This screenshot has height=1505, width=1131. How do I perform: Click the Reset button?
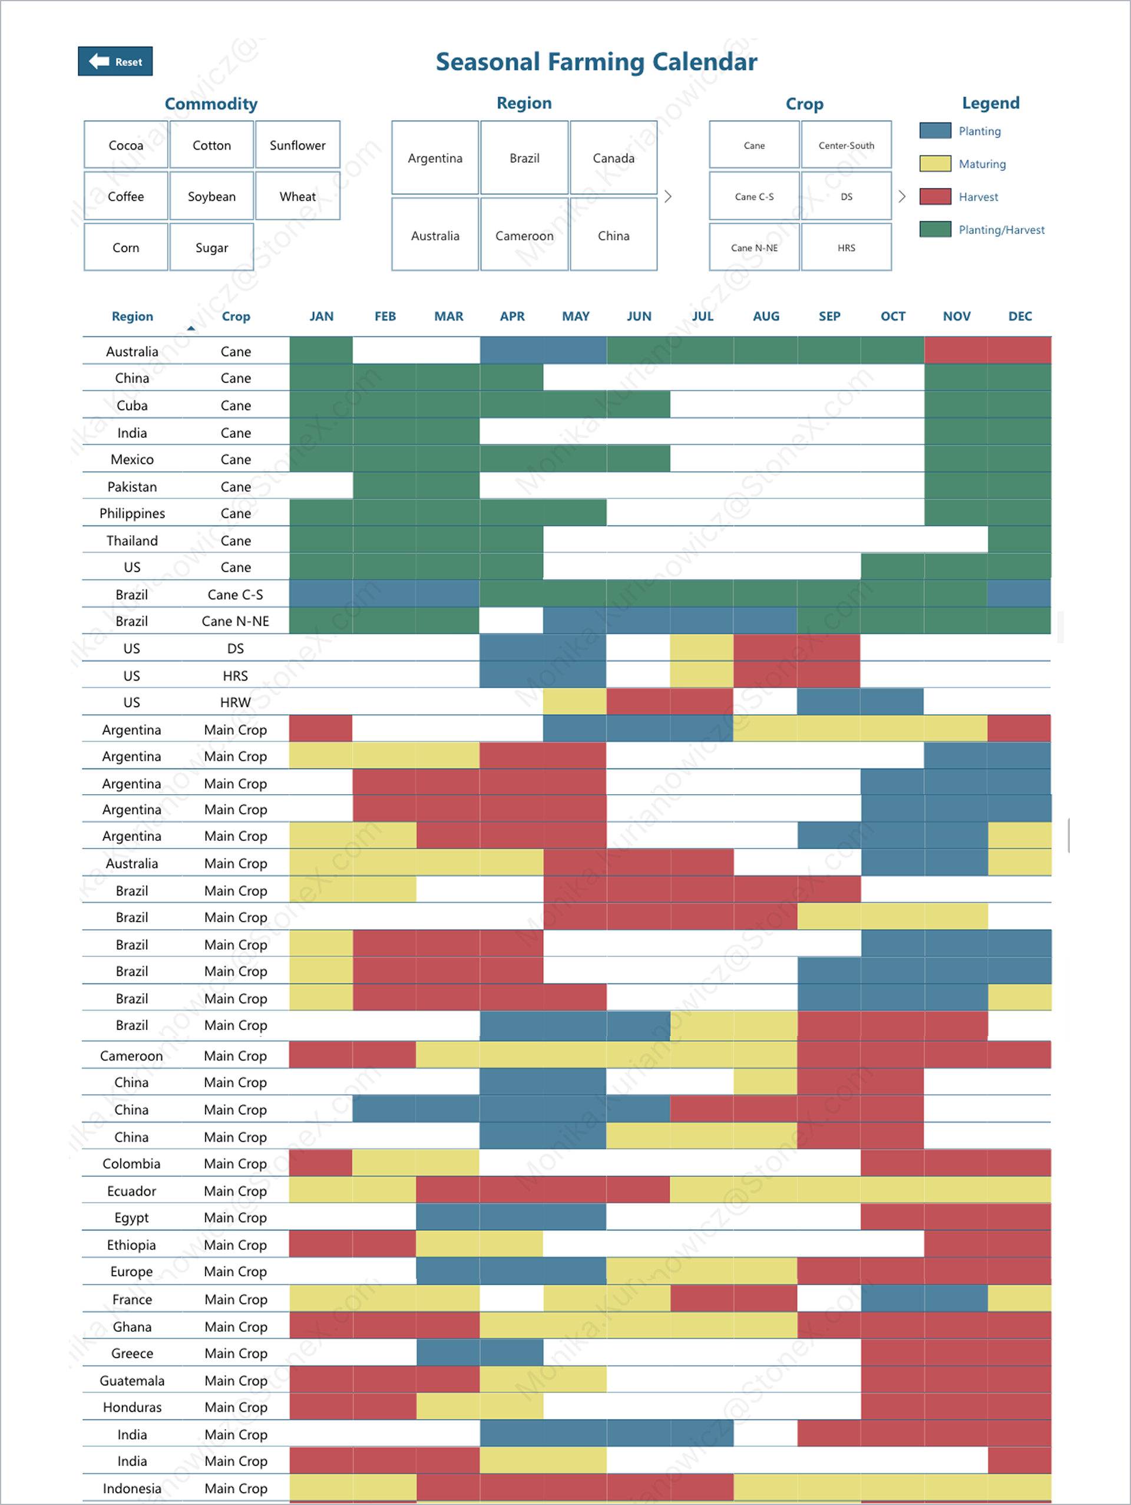click(x=115, y=61)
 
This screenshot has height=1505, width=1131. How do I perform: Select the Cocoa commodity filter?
click(x=126, y=145)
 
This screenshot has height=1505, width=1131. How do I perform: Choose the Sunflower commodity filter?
click(x=297, y=145)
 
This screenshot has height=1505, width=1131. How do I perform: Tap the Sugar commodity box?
click(x=211, y=247)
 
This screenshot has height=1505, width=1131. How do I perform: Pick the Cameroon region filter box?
click(x=524, y=235)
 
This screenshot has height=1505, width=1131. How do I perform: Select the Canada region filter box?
click(x=613, y=158)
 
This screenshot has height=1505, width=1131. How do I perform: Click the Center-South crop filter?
click(x=846, y=145)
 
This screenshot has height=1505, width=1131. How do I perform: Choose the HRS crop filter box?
click(x=846, y=247)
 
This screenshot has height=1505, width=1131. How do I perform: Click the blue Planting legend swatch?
click(x=935, y=131)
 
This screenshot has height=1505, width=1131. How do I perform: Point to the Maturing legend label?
click(x=982, y=164)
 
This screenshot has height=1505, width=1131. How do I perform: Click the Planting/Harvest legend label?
click(x=1001, y=230)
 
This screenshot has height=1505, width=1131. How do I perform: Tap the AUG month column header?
click(x=766, y=316)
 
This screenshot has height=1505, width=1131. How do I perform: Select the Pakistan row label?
click(x=132, y=487)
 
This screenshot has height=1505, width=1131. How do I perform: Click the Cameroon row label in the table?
click(x=131, y=1055)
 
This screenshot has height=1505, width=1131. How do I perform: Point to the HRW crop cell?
click(x=235, y=702)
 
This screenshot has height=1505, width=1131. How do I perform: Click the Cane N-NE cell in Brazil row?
click(x=235, y=621)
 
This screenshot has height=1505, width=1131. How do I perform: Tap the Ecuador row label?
click(x=131, y=1191)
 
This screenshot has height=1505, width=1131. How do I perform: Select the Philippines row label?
click(x=132, y=513)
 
